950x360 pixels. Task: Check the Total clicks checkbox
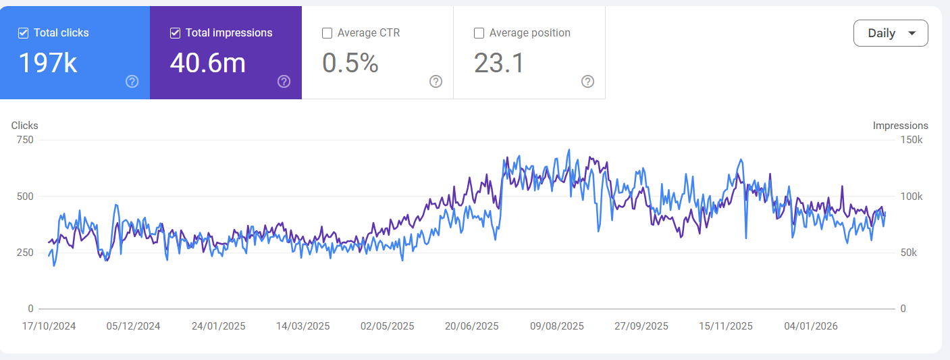click(23, 32)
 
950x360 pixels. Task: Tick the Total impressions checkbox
click(175, 32)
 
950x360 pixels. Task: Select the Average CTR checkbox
click(327, 32)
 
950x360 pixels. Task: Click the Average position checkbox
click(479, 32)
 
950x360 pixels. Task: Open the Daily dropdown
click(890, 33)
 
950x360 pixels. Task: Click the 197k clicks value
click(47, 63)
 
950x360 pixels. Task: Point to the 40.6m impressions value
click(207, 63)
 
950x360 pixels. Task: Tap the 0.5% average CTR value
click(350, 63)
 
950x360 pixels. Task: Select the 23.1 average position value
click(499, 63)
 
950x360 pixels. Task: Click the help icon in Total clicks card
click(132, 82)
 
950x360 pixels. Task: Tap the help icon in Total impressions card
click(284, 82)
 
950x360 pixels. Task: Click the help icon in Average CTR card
click(436, 82)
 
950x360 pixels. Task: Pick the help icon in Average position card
click(588, 82)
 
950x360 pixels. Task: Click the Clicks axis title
click(25, 126)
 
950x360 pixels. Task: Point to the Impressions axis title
click(900, 126)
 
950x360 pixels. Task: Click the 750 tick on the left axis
click(26, 140)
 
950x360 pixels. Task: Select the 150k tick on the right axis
click(912, 140)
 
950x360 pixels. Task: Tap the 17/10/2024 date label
click(49, 326)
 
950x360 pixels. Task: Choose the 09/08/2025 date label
click(556, 326)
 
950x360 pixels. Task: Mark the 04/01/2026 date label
click(810, 326)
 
